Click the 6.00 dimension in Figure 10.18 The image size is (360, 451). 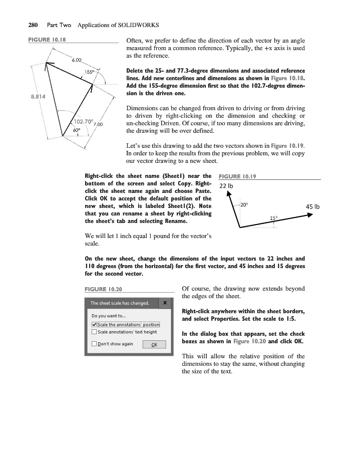tap(77, 60)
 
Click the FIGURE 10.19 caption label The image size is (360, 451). tap(235, 176)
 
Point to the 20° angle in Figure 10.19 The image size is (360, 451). tap(245, 204)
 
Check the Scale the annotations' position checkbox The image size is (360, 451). tap(94, 324)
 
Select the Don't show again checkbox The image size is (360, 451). tap(94, 344)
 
